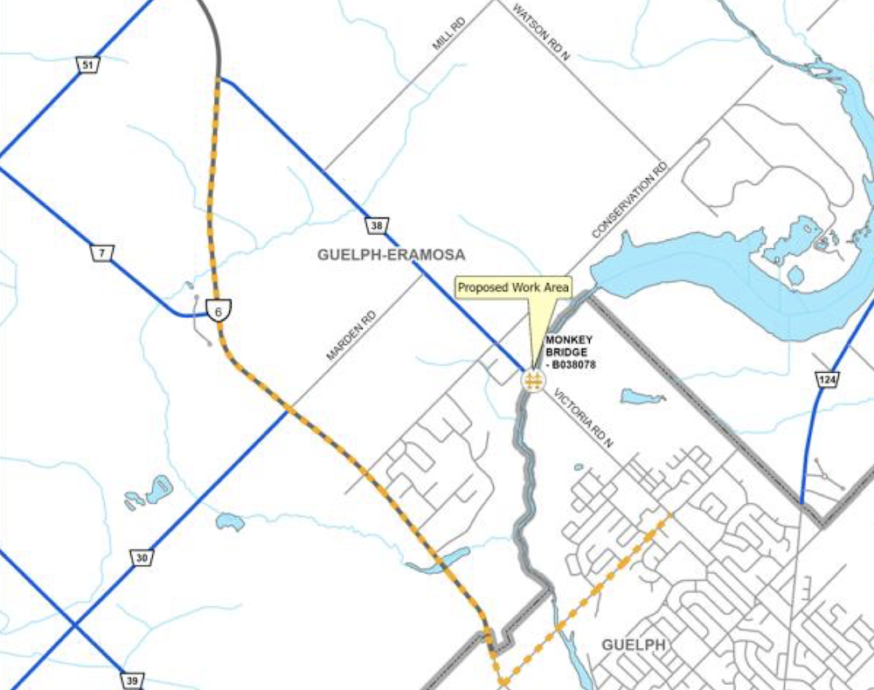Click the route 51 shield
point(87,65)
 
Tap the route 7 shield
point(102,253)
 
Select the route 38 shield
point(377,226)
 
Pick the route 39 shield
point(131,679)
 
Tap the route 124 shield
point(826,379)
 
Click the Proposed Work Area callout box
point(514,286)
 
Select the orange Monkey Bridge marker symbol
point(532,381)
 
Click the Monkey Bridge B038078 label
point(570,352)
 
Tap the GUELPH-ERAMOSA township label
point(391,255)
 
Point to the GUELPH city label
point(634,645)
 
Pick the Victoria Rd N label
point(583,419)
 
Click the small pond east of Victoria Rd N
point(642,397)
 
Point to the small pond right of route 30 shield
point(229,521)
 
